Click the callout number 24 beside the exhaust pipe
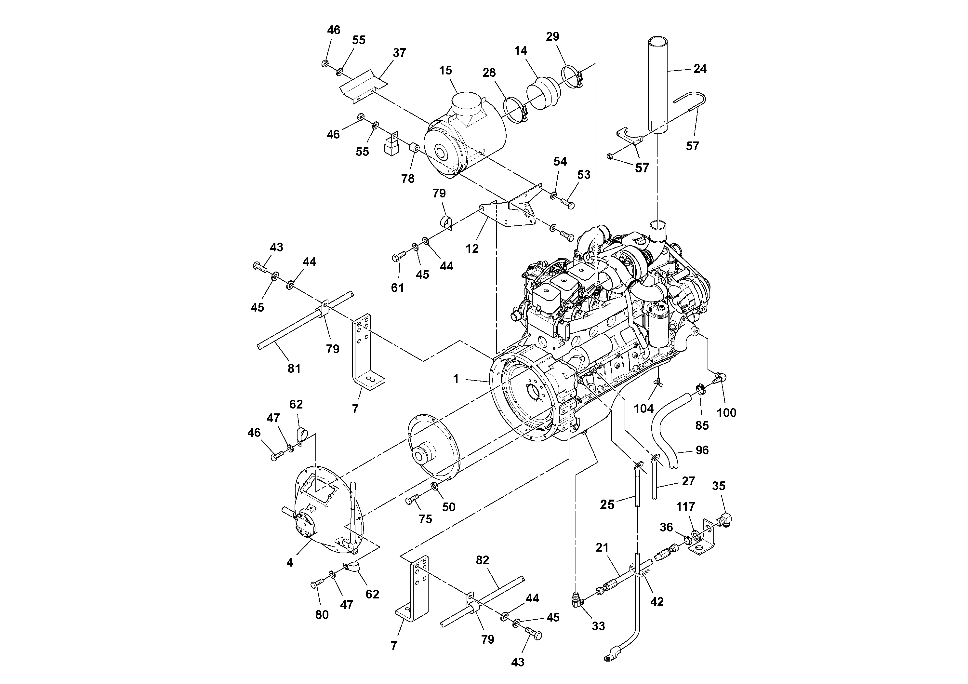[699, 69]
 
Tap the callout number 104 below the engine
[643, 408]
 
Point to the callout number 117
[685, 506]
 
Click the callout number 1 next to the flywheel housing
[456, 379]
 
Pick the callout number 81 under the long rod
[294, 368]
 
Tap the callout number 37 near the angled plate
[399, 53]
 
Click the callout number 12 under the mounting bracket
[472, 248]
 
